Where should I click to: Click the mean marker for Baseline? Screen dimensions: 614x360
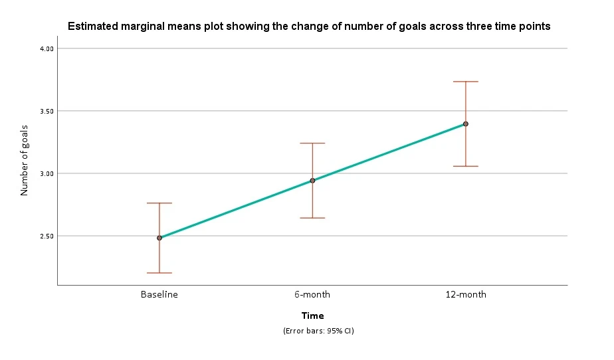(x=159, y=238)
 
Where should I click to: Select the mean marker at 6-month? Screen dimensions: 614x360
(x=312, y=181)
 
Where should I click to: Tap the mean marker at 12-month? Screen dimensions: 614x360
(x=466, y=124)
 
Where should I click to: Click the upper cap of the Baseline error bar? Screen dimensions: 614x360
(x=159, y=203)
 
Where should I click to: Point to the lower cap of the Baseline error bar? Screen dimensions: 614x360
(x=159, y=273)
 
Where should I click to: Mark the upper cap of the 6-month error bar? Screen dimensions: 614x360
(x=312, y=143)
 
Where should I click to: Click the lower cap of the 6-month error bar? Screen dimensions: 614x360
(x=312, y=218)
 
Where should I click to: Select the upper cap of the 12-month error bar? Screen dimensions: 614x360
(x=466, y=82)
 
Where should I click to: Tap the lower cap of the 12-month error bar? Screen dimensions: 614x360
(x=466, y=166)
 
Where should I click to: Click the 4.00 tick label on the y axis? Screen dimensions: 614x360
(x=47, y=49)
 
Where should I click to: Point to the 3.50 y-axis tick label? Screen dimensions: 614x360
(x=47, y=112)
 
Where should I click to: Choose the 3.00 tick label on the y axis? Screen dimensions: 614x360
(x=47, y=174)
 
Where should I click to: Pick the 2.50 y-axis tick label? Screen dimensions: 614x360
(x=47, y=236)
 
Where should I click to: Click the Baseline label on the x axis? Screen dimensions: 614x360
(x=159, y=294)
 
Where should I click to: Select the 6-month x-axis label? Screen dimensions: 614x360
(x=312, y=294)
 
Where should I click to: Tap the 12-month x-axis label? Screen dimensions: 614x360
(x=466, y=294)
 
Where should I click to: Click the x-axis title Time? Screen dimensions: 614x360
(x=312, y=315)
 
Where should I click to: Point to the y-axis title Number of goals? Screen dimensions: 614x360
(x=25, y=161)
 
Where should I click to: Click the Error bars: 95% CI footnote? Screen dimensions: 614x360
(x=318, y=331)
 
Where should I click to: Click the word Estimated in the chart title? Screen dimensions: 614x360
(x=92, y=26)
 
